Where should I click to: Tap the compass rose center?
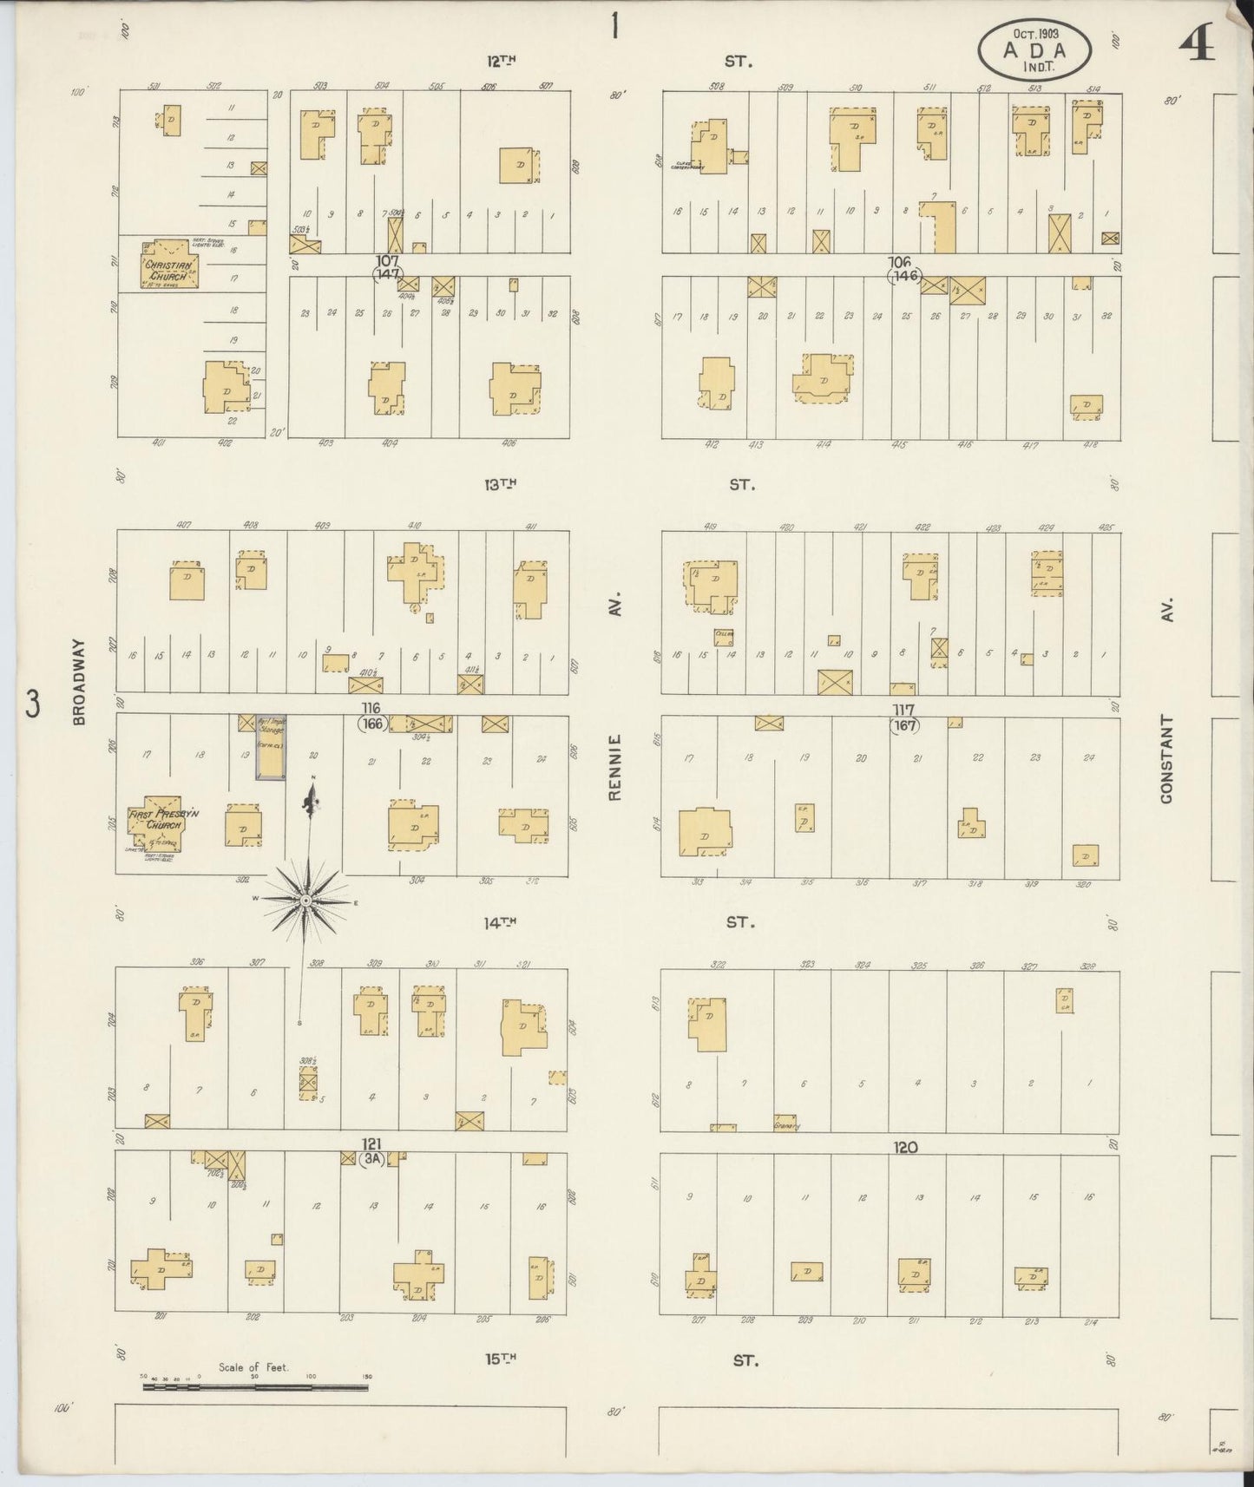[305, 901]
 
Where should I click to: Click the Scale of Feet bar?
[255, 1387]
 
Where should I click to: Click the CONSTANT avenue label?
[1166, 759]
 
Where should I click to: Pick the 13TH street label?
[501, 485]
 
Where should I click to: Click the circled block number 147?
[387, 274]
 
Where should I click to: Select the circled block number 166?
[373, 724]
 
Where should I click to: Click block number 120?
[906, 1148]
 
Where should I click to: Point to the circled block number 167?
[904, 724]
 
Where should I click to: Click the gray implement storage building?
[270, 747]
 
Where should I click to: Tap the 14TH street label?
[500, 924]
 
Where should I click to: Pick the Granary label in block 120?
[785, 1127]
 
